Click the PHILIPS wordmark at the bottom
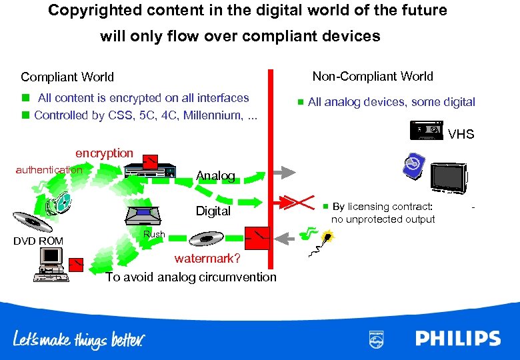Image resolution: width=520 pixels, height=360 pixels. point(458,338)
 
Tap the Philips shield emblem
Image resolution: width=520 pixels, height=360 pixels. point(376,339)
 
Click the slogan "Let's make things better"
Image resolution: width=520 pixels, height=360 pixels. point(78,340)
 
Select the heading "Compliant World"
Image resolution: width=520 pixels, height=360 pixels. point(67,77)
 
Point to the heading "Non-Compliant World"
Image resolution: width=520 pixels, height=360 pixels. point(373,77)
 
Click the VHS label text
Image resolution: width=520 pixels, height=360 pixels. point(461,135)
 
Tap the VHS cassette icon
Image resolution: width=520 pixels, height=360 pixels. point(426,131)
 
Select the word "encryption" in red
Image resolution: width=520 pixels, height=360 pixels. point(104,153)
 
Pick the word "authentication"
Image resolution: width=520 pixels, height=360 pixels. point(49,170)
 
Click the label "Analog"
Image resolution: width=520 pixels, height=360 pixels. point(215,176)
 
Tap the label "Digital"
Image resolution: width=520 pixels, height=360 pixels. point(213,211)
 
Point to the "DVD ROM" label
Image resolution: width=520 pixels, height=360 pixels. point(38,241)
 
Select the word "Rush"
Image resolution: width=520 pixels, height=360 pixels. point(154,234)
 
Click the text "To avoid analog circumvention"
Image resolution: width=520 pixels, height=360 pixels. point(191,277)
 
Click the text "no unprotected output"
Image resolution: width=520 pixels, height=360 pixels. point(383,219)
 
